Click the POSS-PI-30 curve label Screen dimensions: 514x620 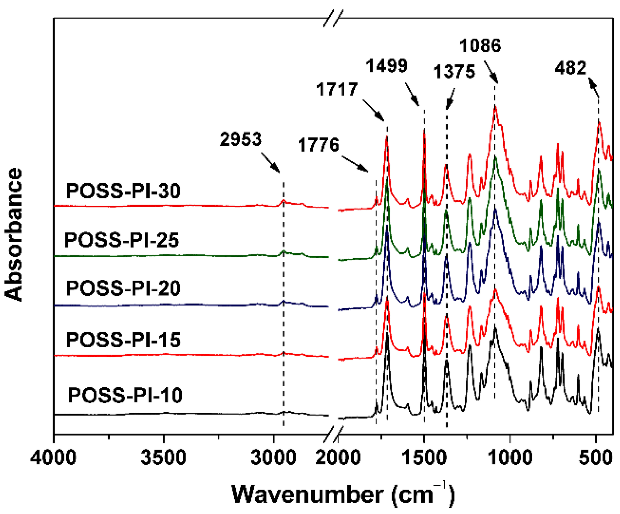pos(123,191)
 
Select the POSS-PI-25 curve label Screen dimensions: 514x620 pos(121,240)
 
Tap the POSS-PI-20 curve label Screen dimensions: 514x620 pos(123,288)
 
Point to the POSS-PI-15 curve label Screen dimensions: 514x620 pos(123,340)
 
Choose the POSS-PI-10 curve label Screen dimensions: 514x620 pos(125,395)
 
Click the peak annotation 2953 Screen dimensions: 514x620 pos(240,139)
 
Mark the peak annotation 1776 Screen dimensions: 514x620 pos(318,145)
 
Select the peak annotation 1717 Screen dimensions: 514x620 pos(337,89)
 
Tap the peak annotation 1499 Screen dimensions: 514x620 pos(386,66)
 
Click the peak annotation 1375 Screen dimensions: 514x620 pos(454,72)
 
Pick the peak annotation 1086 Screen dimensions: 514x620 pos(480,46)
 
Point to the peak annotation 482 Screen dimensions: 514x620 pos(570,68)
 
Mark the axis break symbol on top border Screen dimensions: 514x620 pos(333,18)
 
